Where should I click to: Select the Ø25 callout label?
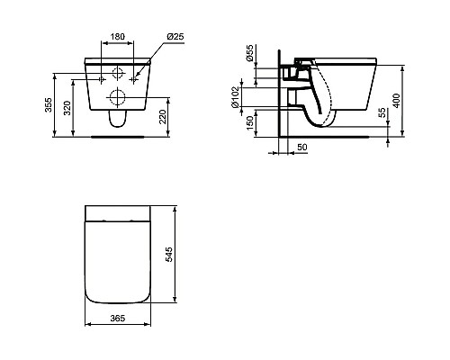click(176, 36)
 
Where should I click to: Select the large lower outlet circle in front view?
click(116, 96)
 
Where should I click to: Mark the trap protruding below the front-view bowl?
click(116, 120)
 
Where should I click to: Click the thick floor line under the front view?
click(116, 138)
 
